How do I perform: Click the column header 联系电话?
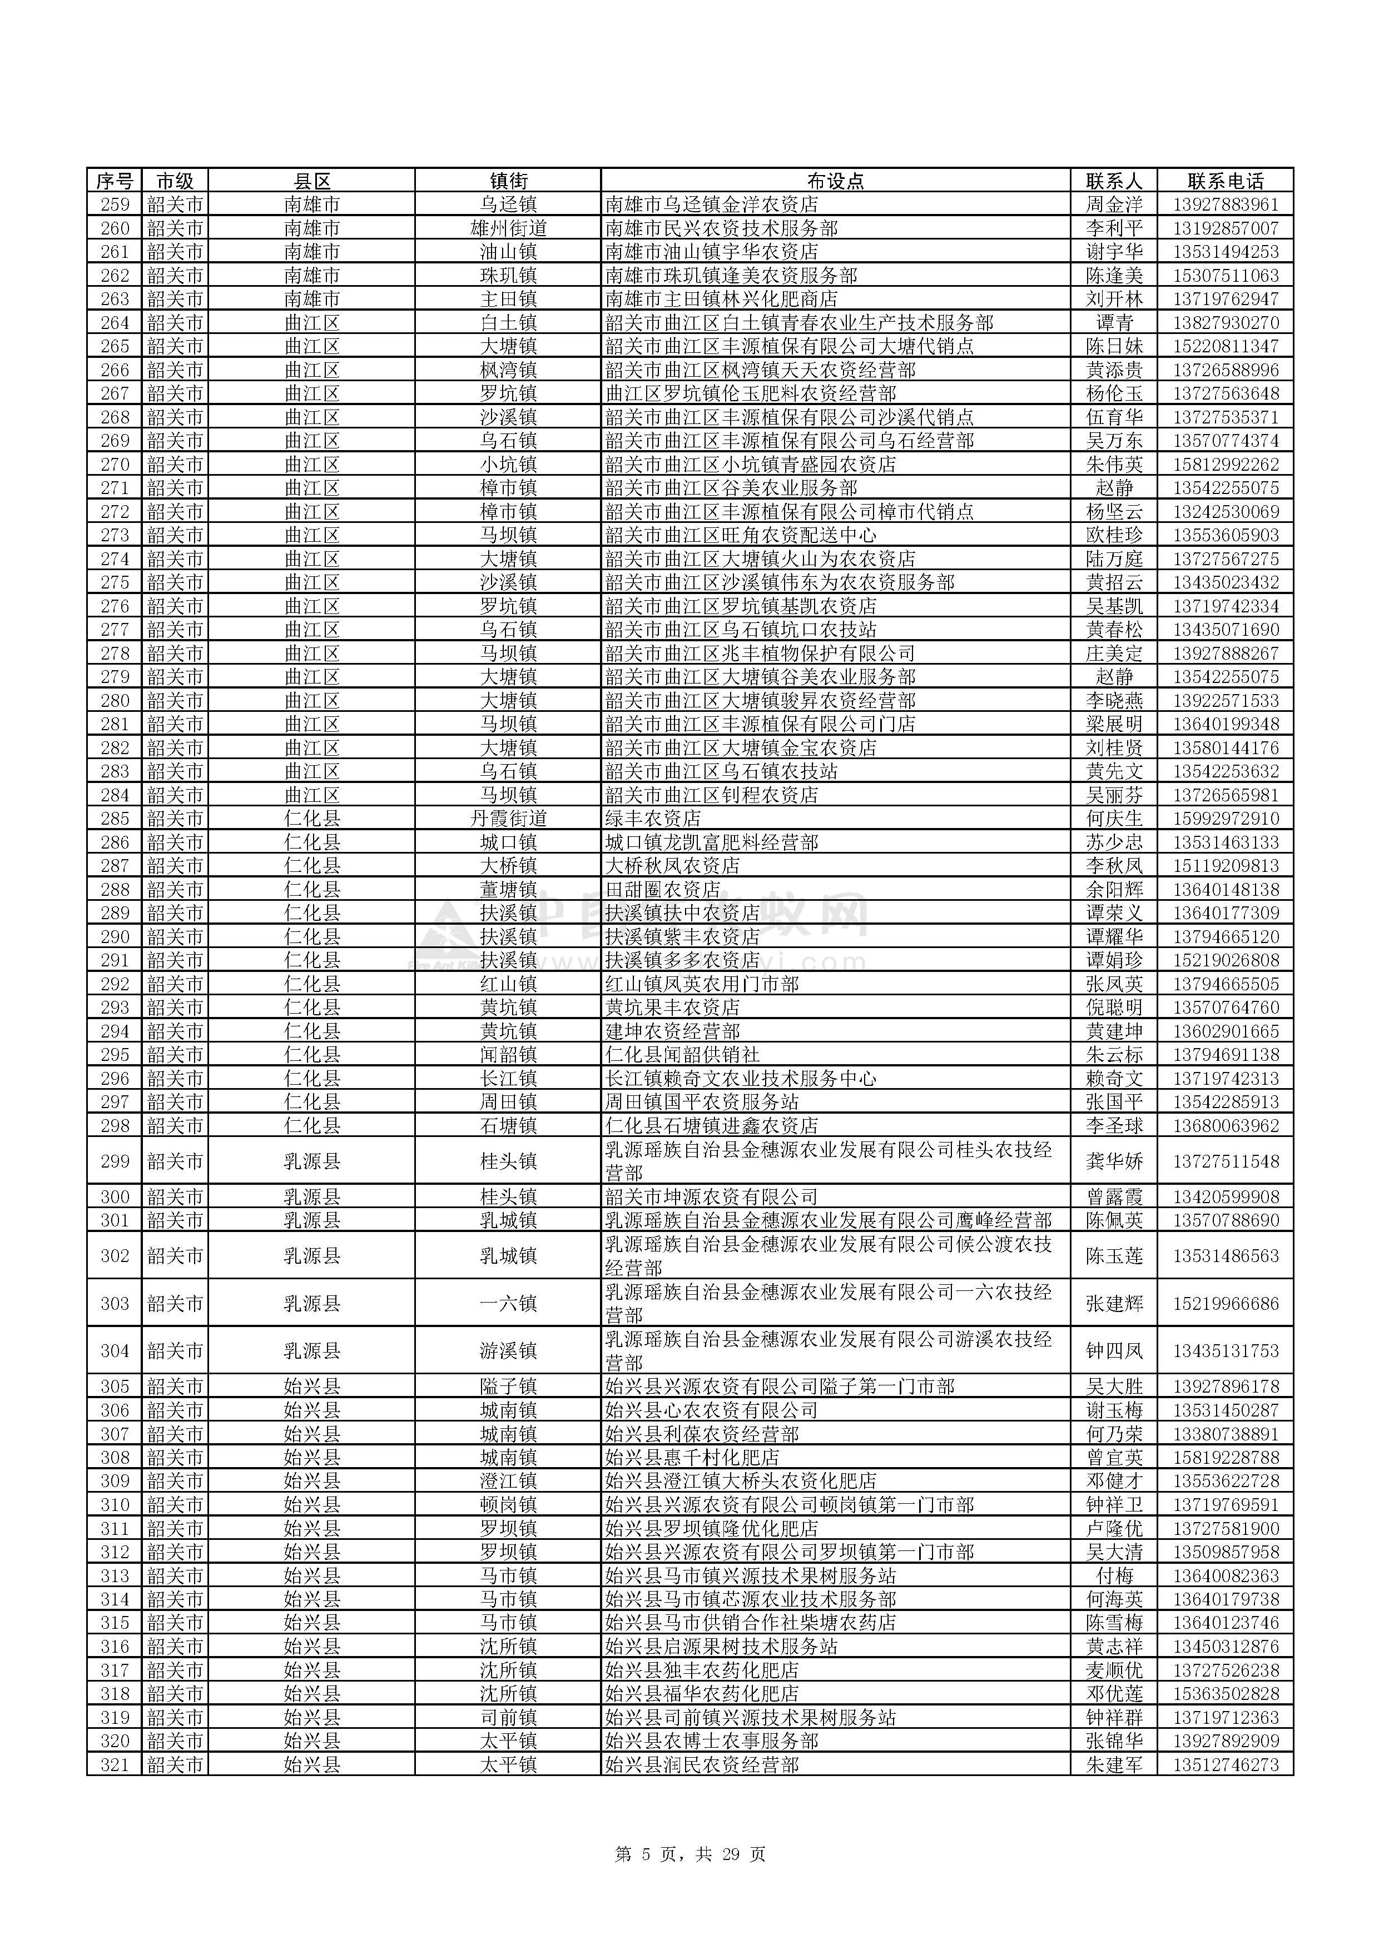[1224, 181]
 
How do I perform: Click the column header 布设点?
[835, 181]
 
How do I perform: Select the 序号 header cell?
[115, 181]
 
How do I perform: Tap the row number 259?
[115, 205]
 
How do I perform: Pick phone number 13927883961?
[1224, 205]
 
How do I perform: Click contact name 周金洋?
[1114, 205]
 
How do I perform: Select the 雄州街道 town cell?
[508, 228]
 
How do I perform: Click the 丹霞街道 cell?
[508, 819]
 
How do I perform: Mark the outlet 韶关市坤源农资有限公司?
[711, 1196]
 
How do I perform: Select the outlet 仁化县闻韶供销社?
[682, 1055]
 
